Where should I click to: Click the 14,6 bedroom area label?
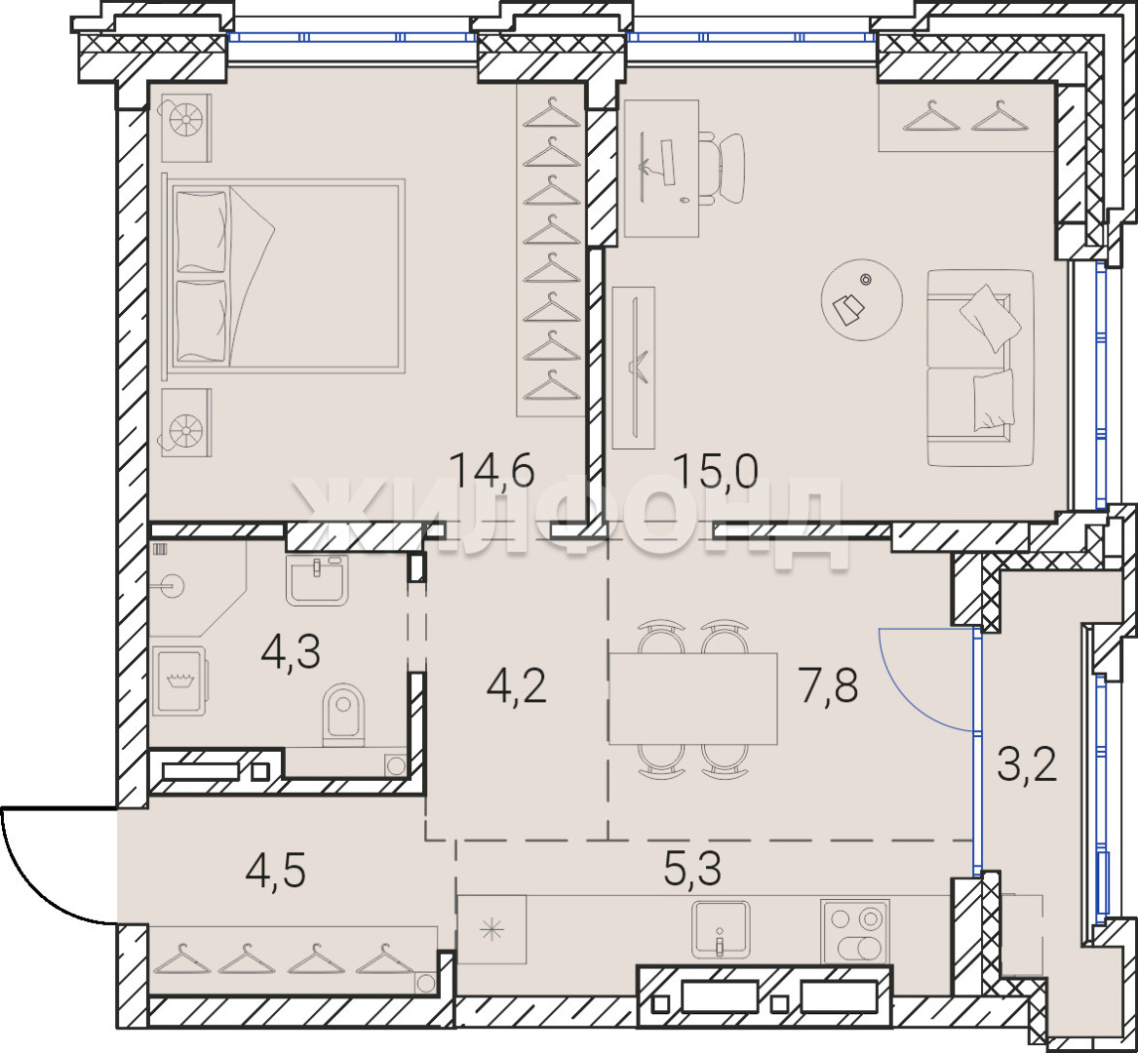pos(492,469)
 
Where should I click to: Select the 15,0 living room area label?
pos(715,470)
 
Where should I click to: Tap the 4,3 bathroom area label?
pos(291,651)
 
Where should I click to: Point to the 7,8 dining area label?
pos(828,685)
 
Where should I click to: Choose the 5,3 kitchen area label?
pos(692,870)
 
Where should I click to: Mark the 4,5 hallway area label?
pos(275,870)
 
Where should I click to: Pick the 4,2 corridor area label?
pos(516,685)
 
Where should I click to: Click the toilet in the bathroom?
pos(342,715)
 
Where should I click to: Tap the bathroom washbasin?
pos(316,579)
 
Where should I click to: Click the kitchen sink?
pos(720,929)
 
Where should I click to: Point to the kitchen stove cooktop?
pos(855,932)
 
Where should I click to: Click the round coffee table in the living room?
pos(861,299)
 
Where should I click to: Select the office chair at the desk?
pos(723,169)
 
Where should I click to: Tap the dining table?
pos(693,698)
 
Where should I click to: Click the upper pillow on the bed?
pos(201,231)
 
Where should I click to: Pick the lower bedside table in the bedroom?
pos(186,422)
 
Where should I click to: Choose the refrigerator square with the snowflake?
pos(491,929)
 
